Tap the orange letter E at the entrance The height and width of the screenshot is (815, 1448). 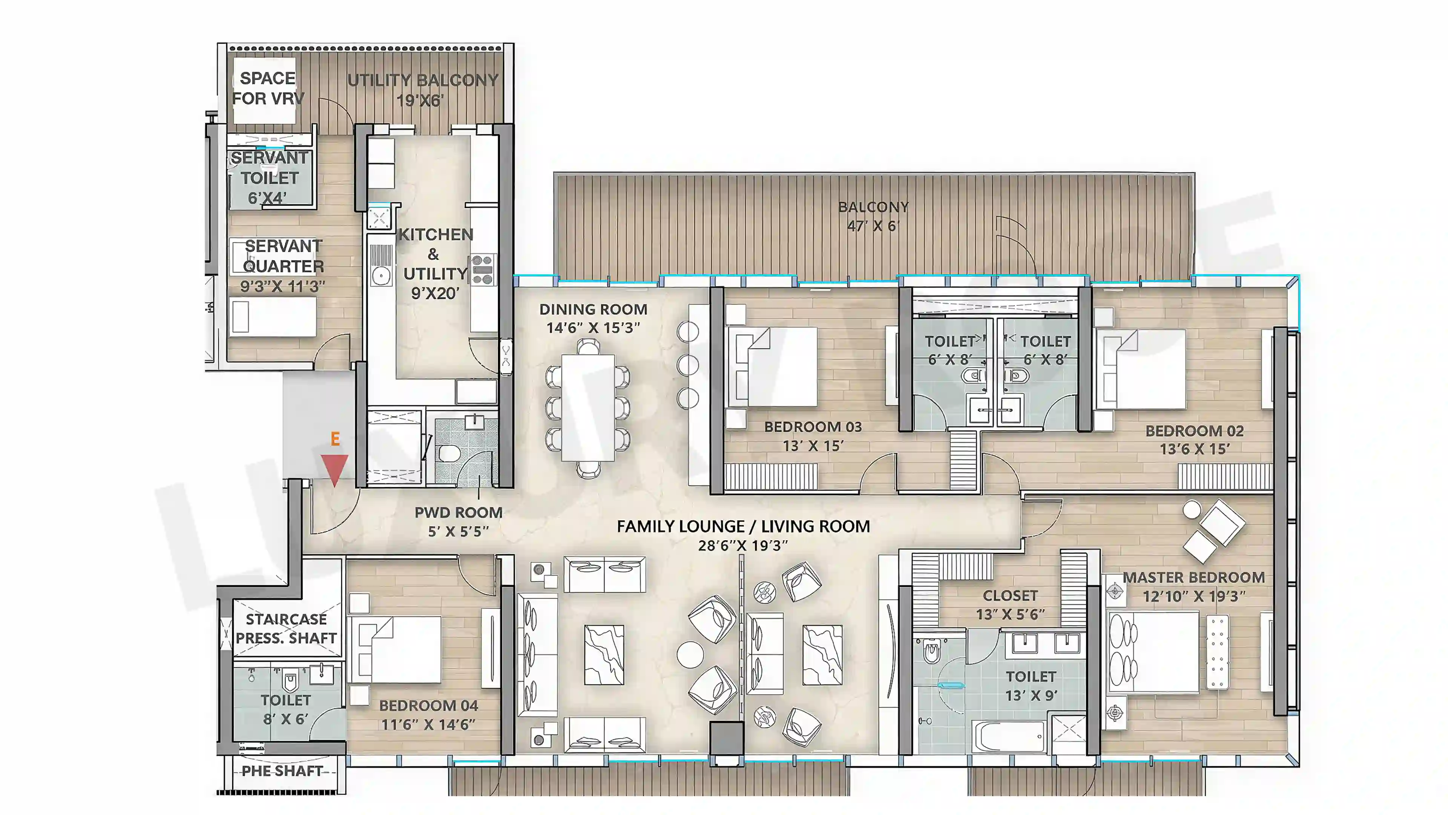[335, 439]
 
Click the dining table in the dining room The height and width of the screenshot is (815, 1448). [587, 408]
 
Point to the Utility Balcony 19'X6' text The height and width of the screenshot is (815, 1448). [423, 90]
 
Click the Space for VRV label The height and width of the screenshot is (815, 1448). [268, 88]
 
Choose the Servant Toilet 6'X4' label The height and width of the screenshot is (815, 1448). [269, 178]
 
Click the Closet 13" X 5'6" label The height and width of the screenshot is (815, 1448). [1011, 604]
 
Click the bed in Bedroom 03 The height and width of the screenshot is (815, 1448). [773, 367]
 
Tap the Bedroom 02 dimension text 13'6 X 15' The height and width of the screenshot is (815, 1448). [1195, 449]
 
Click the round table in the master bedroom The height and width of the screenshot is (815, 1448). [1192, 510]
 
